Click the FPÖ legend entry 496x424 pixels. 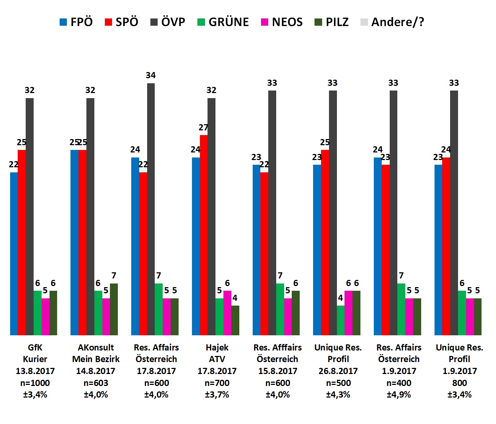click(x=76, y=22)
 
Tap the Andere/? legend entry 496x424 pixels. click(x=392, y=22)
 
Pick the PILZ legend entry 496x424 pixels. click(x=332, y=22)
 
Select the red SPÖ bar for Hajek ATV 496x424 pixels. click(x=204, y=235)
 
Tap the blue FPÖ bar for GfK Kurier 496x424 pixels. click(x=14, y=253)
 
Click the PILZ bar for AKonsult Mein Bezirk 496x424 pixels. click(x=114, y=309)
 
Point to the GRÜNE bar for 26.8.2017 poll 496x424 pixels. click(x=341, y=320)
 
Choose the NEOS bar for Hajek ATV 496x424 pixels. click(x=227, y=313)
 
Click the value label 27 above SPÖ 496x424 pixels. click(x=204, y=127)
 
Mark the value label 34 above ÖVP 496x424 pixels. click(x=151, y=75)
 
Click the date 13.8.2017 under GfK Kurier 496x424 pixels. click(x=35, y=371)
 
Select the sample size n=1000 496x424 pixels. click(x=35, y=383)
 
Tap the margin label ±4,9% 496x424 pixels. click(x=399, y=395)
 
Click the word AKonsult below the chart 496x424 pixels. click(x=96, y=348)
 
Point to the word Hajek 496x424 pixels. click(x=217, y=348)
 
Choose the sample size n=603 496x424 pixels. click(x=96, y=383)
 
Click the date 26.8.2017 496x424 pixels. click(x=338, y=371)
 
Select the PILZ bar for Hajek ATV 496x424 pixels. click(x=235, y=320)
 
